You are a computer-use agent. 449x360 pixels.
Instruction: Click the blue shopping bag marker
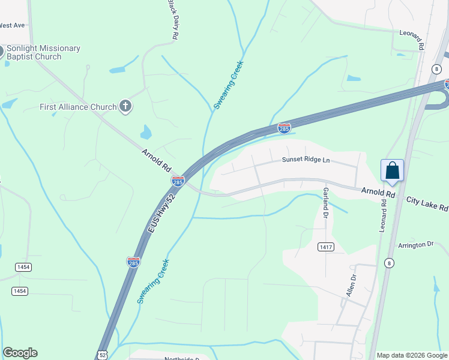point(392,170)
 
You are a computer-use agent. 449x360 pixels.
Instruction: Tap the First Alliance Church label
point(78,107)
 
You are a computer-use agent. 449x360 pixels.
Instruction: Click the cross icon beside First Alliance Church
point(125,107)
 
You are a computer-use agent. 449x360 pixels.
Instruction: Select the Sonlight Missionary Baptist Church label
point(42,52)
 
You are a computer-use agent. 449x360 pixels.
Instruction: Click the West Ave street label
point(12,25)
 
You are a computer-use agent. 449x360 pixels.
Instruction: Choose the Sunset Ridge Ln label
point(306,160)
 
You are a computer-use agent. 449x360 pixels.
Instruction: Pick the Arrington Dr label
point(415,245)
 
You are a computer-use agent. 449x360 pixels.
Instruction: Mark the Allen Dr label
point(352,285)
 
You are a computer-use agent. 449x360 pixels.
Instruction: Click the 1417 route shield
point(326,247)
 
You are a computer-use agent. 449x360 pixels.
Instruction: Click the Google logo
point(20,353)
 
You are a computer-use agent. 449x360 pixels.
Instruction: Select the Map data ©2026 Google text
point(412,355)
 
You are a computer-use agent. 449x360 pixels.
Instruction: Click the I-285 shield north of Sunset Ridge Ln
point(285,128)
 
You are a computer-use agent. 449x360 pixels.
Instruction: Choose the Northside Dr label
point(181,358)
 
